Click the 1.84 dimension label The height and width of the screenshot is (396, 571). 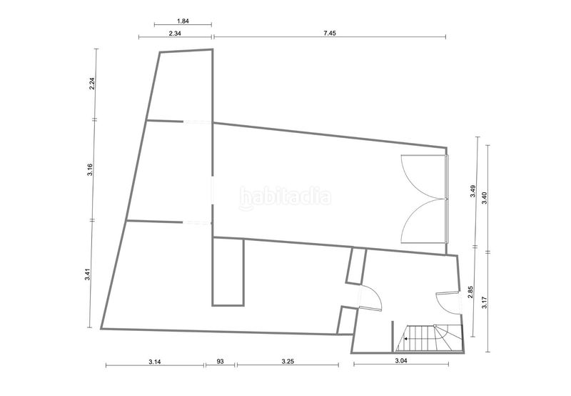[x=183, y=21]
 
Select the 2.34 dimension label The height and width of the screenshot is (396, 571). [x=175, y=33]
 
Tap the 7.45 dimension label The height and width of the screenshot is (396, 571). [x=330, y=33]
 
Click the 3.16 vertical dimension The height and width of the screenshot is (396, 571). [x=90, y=169]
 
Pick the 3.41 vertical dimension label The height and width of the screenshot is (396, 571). [x=87, y=274]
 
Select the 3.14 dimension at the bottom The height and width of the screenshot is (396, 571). [x=155, y=362]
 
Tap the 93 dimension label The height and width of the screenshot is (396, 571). [x=220, y=362]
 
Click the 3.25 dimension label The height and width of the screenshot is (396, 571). [x=288, y=362]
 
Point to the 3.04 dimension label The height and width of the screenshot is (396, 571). [x=401, y=361]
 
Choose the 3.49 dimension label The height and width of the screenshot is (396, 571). [x=473, y=192]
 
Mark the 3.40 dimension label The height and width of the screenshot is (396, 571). [x=485, y=198]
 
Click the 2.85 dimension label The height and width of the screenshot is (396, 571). [x=470, y=292]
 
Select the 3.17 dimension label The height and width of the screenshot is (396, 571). [x=485, y=302]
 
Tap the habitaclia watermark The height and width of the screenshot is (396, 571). [x=285, y=197]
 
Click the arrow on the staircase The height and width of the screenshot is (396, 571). [x=405, y=339]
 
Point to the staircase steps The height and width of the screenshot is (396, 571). [x=430, y=338]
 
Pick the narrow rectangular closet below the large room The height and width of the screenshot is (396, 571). [x=228, y=272]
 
